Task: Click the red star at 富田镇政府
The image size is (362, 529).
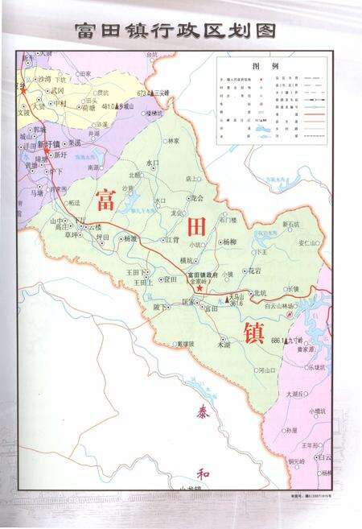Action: click(199, 287)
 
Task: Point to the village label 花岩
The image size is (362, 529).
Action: click(254, 271)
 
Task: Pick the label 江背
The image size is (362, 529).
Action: click(171, 239)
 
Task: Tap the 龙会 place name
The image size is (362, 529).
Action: click(196, 198)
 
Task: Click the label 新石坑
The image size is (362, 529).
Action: click(290, 224)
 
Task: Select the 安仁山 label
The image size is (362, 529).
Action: click(309, 242)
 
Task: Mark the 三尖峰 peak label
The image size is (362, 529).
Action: click(160, 94)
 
